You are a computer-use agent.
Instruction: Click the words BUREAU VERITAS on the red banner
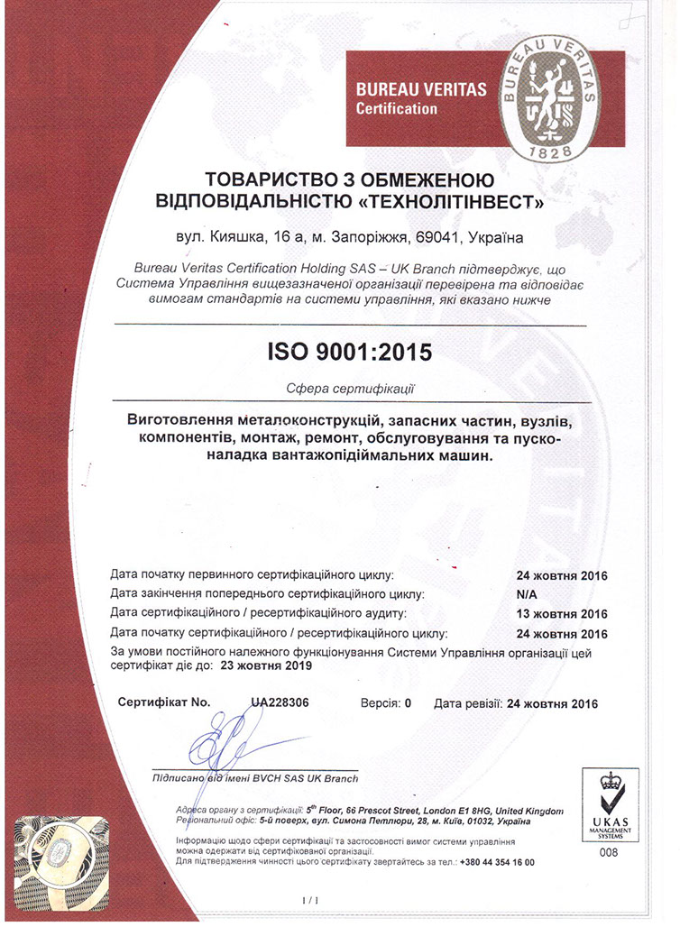point(421,90)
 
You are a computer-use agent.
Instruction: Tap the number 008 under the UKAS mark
point(609,852)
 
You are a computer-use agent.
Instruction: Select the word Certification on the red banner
point(397,109)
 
